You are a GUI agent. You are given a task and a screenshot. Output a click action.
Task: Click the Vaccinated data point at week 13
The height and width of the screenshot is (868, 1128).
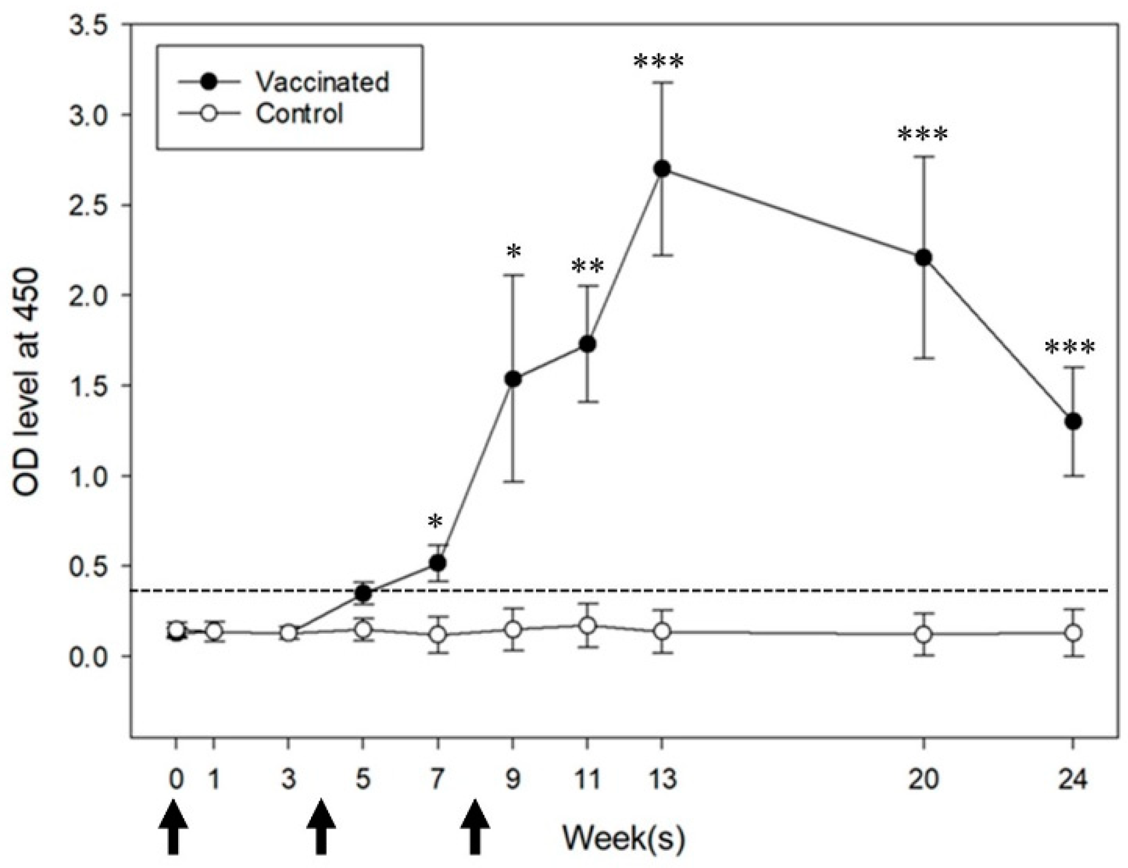pyautogui.click(x=662, y=169)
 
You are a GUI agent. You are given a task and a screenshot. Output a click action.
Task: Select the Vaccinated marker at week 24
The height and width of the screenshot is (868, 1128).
pyautogui.click(x=1072, y=421)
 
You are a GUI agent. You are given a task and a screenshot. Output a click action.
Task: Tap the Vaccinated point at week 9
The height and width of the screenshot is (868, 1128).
pyautogui.click(x=513, y=378)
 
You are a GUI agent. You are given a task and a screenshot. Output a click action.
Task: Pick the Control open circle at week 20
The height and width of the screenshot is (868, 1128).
pyautogui.click(x=923, y=634)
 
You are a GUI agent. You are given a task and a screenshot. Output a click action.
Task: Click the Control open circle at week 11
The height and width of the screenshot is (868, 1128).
pyautogui.click(x=587, y=625)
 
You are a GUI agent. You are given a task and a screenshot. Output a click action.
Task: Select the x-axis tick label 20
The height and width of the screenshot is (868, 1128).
pyautogui.click(x=922, y=779)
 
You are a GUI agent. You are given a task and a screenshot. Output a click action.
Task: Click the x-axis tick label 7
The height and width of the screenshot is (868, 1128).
pyautogui.click(x=437, y=779)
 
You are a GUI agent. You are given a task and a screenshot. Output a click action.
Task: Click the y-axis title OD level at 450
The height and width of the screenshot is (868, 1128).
pyautogui.click(x=27, y=382)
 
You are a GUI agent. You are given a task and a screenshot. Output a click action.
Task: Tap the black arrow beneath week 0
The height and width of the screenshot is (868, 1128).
pyautogui.click(x=173, y=827)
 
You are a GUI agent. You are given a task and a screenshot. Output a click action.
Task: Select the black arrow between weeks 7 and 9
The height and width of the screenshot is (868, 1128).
pyautogui.click(x=475, y=827)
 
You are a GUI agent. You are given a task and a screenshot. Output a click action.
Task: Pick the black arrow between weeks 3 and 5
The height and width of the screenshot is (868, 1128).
pyautogui.click(x=321, y=827)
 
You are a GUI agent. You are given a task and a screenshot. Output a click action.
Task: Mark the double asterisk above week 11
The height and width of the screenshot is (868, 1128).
pyautogui.click(x=587, y=267)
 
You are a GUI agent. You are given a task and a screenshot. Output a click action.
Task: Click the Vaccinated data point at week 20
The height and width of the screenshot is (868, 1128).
pyautogui.click(x=923, y=258)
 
